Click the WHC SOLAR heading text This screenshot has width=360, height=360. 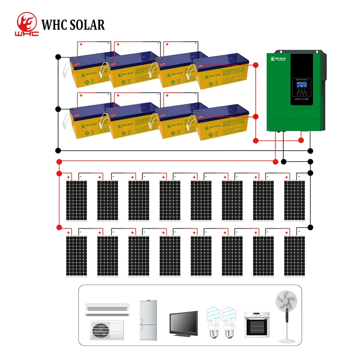(73, 25)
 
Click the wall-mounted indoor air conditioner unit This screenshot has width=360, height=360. (107, 309)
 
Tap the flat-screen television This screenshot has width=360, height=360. (183, 322)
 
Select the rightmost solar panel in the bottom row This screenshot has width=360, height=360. (294, 255)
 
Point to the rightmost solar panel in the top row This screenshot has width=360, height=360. (294, 200)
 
